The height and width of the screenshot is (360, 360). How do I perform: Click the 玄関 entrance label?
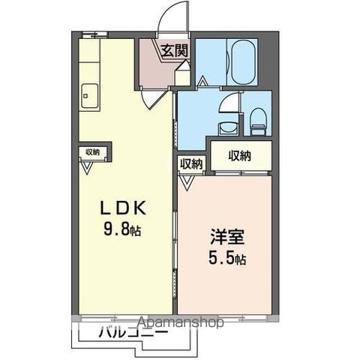(x=174, y=51)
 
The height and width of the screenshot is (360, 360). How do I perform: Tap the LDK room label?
(x=123, y=208)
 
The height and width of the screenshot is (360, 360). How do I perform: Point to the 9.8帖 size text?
(x=122, y=229)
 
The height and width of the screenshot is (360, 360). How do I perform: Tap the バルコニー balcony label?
(x=133, y=332)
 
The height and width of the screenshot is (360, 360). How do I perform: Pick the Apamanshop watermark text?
(x=181, y=322)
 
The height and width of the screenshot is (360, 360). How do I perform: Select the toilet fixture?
(x=258, y=121)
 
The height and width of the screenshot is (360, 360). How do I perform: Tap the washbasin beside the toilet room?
(x=229, y=128)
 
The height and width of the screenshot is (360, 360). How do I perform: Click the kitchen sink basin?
(x=89, y=96)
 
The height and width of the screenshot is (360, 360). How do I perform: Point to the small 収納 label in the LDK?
(x=93, y=151)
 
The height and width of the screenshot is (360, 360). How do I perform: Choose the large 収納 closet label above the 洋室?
(x=240, y=156)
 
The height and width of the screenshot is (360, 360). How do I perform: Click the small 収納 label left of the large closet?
(x=191, y=163)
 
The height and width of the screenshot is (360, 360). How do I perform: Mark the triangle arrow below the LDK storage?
(x=87, y=168)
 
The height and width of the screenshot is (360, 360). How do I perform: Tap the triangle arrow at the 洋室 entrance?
(x=186, y=183)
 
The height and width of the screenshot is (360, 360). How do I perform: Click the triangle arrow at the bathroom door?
(x=202, y=81)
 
